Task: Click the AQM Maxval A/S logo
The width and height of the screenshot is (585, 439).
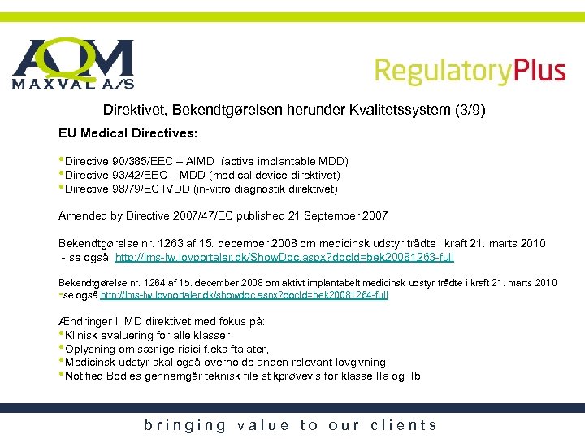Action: pos(72,64)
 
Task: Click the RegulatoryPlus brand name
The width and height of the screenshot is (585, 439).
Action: pos(470,71)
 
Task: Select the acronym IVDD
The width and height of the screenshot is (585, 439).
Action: pos(183,189)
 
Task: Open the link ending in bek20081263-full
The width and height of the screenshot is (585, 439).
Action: pos(284,257)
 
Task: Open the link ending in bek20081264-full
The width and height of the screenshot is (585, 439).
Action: pos(243,294)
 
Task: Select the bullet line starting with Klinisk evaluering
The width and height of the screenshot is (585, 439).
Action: pos(147,335)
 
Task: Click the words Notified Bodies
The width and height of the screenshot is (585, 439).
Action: pos(102,376)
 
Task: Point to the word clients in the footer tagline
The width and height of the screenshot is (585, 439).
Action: pos(404,424)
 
